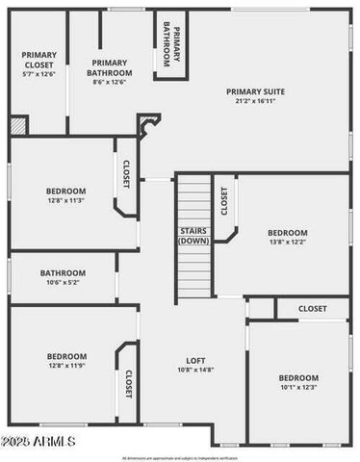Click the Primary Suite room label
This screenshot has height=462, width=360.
(255, 91)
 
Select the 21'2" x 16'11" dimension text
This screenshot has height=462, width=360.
(255, 101)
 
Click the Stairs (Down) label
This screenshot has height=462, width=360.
(193, 236)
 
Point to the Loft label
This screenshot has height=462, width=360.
(195, 361)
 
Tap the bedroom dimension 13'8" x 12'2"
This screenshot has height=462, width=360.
(287, 243)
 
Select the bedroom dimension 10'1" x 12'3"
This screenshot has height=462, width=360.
(298, 387)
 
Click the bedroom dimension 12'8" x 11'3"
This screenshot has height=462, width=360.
(66, 200)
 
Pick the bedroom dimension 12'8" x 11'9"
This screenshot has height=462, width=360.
(66, 366)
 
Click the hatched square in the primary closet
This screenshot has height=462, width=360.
(18, 125)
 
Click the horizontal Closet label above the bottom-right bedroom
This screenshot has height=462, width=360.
(312, 309)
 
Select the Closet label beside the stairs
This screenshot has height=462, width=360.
(224, 201)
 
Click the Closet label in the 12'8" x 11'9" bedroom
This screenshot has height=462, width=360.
(128, 383)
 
